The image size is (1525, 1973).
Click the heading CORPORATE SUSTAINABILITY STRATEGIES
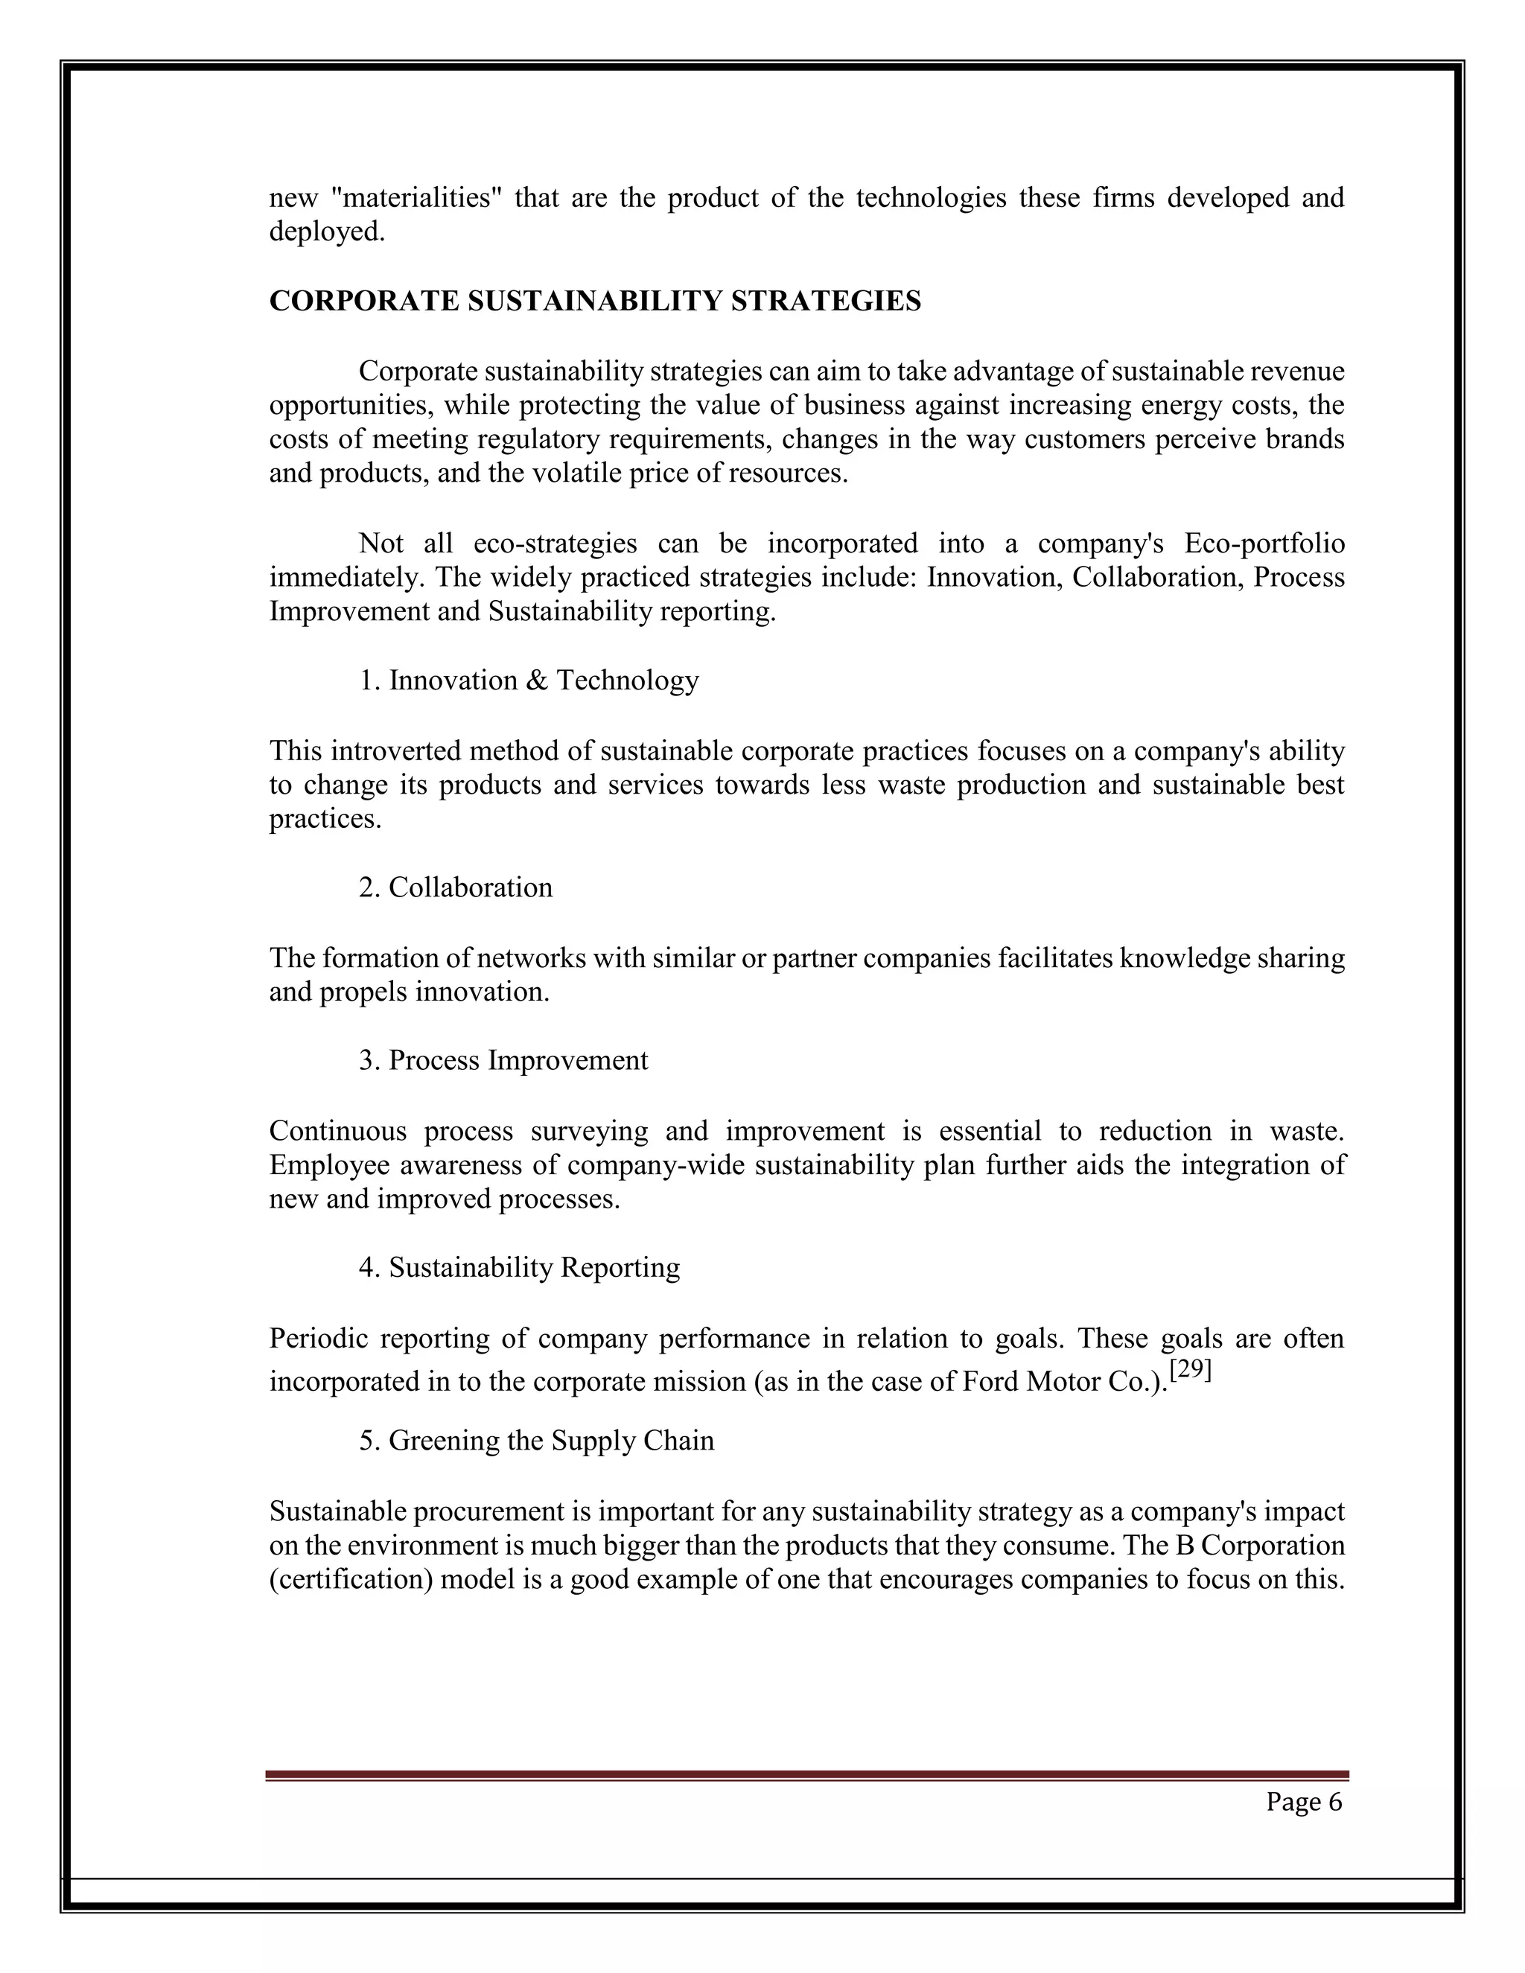point(594,301)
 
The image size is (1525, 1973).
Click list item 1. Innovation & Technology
point(529,680)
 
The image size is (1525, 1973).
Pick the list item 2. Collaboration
point(455,887)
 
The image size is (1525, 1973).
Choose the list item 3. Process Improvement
point(503,1059)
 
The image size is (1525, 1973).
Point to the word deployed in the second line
point(326,232)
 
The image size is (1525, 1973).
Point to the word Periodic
point(318,1338)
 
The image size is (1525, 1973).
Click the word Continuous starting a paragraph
point(337,1131)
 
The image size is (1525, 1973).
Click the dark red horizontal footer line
point(806,1775)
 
